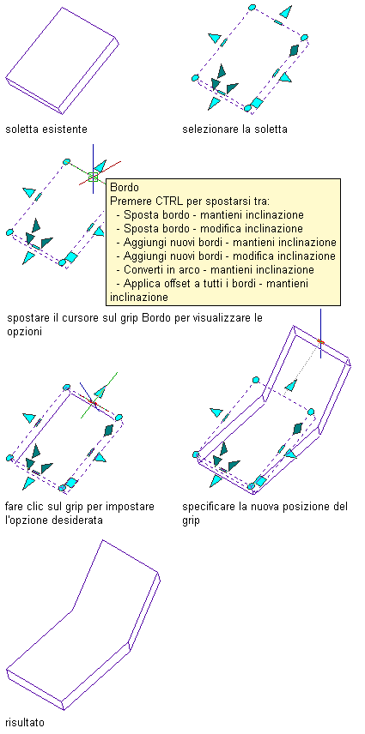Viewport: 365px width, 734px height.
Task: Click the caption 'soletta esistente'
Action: click(46, 129)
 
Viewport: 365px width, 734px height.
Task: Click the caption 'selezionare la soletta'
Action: click(234, 129)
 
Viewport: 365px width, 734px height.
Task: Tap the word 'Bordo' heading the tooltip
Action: click(125, 188)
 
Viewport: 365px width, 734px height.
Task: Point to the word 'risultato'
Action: click(25, 721)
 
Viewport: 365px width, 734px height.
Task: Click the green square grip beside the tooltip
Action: click(93, 177)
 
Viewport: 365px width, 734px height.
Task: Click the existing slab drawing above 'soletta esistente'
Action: click(61, 61)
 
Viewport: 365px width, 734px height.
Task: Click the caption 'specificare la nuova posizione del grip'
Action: click(265, 513)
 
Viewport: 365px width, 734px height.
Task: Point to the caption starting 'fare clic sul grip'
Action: click(80, 513)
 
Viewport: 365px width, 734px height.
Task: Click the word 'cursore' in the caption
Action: click(77, 318)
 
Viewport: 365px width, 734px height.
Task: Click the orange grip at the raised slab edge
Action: click(320, 342)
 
